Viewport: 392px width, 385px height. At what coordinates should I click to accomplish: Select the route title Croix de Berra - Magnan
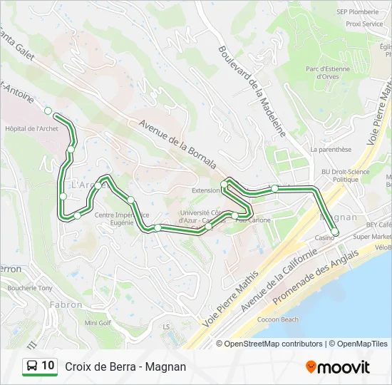[x=125, y=366]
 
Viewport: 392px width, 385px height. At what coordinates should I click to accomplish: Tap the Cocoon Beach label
[x=278, y=319]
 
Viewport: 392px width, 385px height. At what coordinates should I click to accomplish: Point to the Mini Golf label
[x=98, y=322]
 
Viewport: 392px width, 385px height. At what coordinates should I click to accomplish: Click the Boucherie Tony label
[x=30, y=288]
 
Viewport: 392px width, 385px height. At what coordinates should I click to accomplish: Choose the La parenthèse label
[x=331, y=150]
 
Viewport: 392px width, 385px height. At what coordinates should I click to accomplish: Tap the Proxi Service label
[x=364, y=24]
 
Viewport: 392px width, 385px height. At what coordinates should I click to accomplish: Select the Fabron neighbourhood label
[x=66, y=304]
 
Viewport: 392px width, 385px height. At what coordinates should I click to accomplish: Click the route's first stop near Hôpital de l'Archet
[x=48, y=111]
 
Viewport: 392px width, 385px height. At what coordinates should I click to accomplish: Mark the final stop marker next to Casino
[x=335, y=232]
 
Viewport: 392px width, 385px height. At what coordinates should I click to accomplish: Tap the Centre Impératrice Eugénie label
[x=122, y=218]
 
